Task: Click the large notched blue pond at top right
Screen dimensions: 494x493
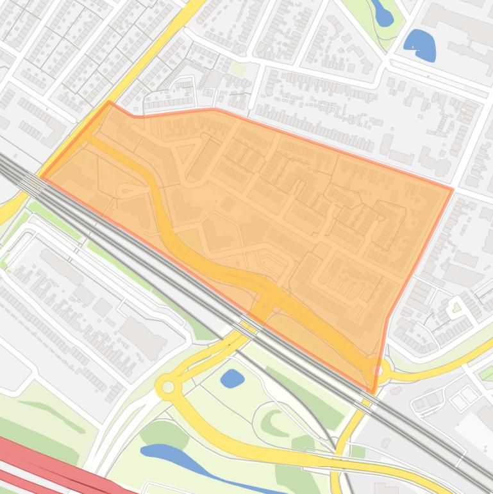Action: tap(421, 45)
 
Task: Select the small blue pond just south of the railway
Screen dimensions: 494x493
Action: tap(232, 379)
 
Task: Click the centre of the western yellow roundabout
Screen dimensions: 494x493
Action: tap(168, 387)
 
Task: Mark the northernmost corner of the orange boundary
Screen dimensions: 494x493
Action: tap(110, 102)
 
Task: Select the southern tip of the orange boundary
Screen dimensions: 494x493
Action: tap(374, 392)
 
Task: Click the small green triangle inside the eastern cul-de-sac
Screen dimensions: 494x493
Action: tap(456, 309)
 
